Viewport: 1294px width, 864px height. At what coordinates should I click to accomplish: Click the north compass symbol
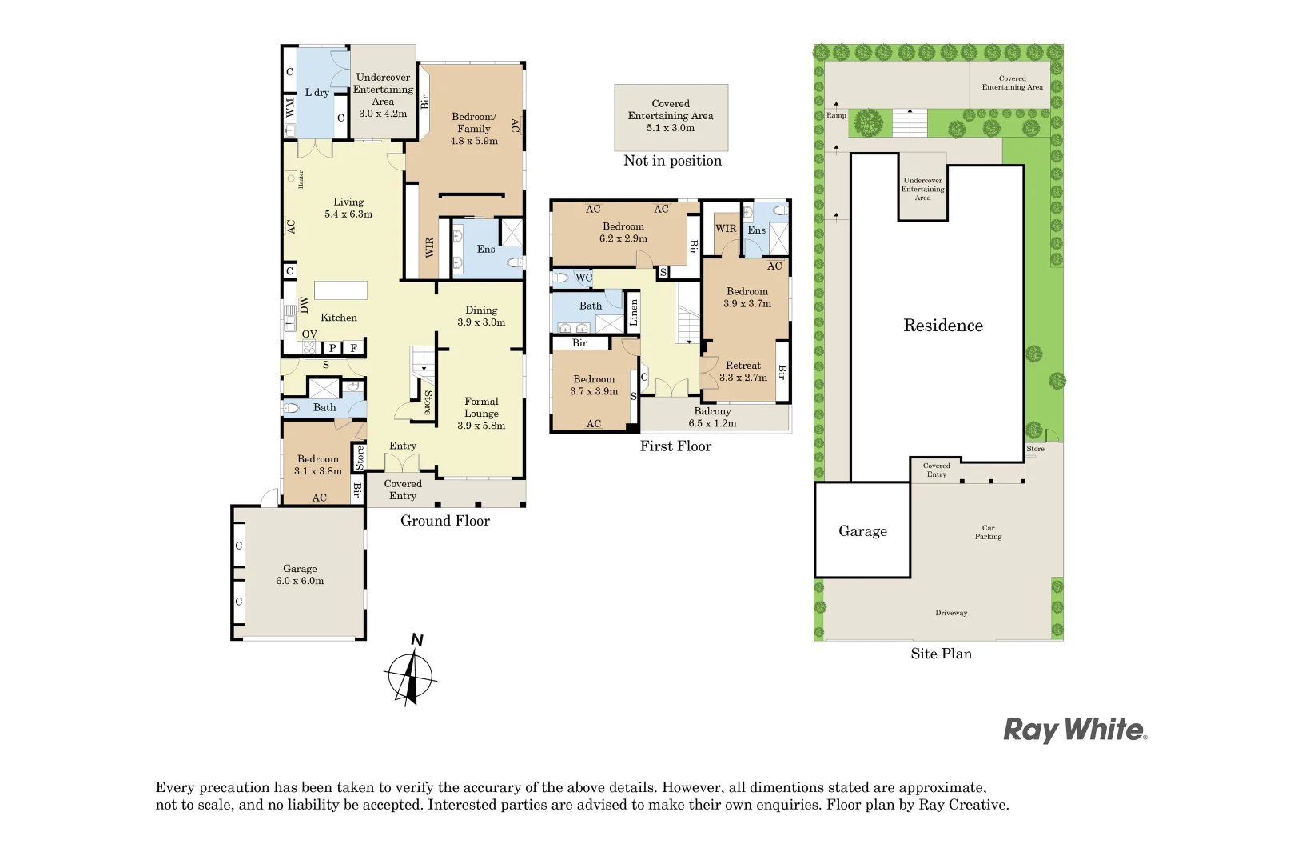pyautogui.click(x=411, y=677)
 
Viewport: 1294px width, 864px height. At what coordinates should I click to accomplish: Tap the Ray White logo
pyautogui.click(x=1074, y=730)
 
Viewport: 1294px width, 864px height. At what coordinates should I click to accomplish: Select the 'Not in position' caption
pyautogui.click(x=672, y=161)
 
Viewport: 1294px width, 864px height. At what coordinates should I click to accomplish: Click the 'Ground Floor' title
pyautogui.click(x=444, y=521)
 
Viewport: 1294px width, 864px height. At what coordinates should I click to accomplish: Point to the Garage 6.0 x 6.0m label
pyautogui.click(x=300, y=575)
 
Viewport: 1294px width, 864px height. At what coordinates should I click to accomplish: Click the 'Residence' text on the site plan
pyautogui.click(x=943, y=326)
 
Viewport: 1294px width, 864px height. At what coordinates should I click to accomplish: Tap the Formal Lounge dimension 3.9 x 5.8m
pyautogui.click(x=481, y=426)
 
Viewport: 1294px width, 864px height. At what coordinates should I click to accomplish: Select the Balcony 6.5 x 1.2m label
pyautogui.click(x=712, y=417)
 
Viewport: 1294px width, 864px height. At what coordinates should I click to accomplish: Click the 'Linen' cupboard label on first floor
pyautogui.click(x=634, y=312)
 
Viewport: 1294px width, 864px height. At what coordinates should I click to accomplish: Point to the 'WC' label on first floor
pyautogui.click(x=584, y=278)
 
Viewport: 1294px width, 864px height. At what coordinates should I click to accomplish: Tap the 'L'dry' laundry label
pyautogui.click(x=317, y=93)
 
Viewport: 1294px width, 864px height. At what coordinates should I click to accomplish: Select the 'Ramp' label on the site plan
pyautogui.click(x=836, y=116)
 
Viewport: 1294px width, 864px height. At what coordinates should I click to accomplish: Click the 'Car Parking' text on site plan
pyautogui.click(x=988, y=532)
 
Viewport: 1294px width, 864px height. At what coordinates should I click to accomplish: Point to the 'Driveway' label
pyautogui.click(x=951, y=613)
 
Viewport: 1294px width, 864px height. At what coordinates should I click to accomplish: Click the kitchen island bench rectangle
pyautogui.click(x=340, y=290)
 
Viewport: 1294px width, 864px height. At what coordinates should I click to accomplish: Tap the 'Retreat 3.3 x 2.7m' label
pyautogui.click(x=743, y=371)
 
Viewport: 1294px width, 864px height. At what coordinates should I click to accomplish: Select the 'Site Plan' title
pyautogui.click(x=941, y=654)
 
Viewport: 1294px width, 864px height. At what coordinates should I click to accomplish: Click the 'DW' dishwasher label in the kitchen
pyautogui.click(x=305, y=304)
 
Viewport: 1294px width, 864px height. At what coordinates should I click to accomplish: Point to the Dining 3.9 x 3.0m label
pyautogui.click(x=481, y=316)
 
